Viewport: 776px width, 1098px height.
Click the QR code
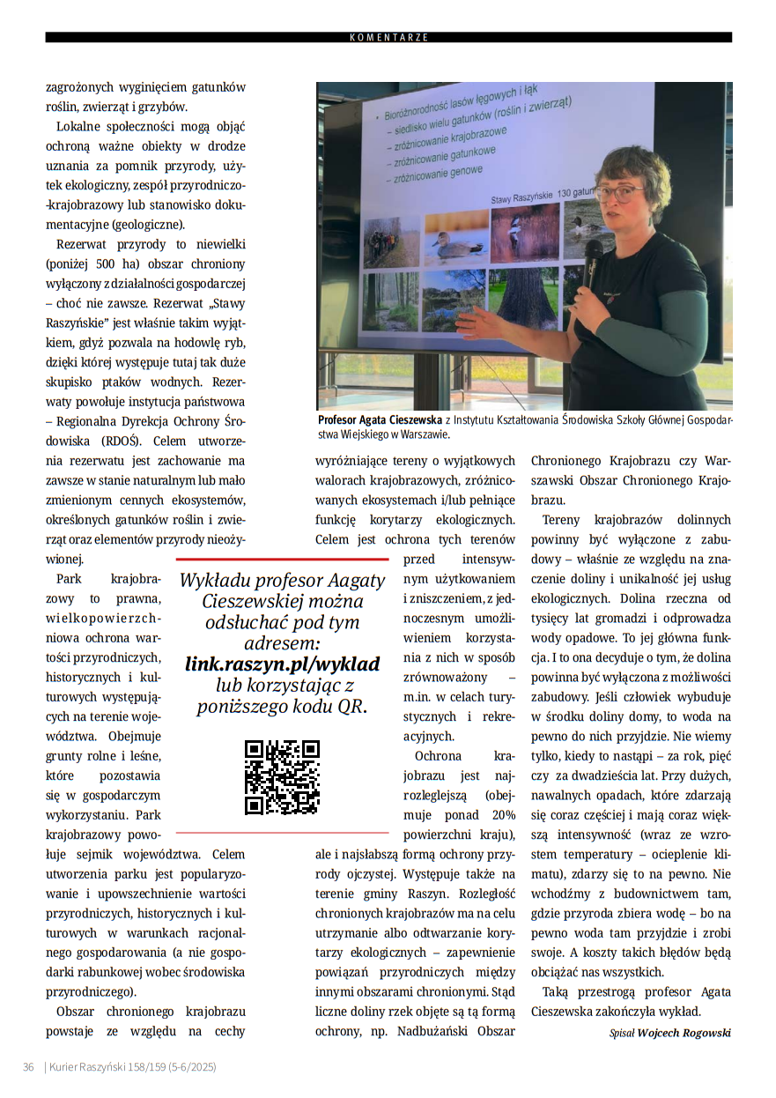[282, 776]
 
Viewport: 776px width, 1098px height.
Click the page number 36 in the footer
[28, 1067]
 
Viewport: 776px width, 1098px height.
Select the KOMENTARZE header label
[388, 38]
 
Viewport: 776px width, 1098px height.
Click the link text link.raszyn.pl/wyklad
[282, 664]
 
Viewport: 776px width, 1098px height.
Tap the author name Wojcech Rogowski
[684, 1033]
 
